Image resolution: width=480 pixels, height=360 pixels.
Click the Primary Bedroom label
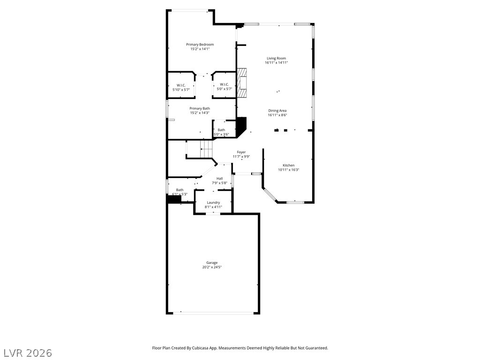(200, 45)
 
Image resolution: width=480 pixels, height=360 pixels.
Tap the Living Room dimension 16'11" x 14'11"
(277, 63)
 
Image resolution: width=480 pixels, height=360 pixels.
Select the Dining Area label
(277, 111)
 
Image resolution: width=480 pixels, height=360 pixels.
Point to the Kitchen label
(288, 165)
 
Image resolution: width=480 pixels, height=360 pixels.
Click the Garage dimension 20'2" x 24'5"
(212, 267)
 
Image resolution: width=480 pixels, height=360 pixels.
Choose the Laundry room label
(213, 202)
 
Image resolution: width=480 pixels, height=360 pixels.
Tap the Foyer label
(241, 152)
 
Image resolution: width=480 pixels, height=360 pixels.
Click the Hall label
(219, 179)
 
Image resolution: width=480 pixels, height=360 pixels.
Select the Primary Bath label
(200, 108)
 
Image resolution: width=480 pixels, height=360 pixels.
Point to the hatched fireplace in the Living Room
(242, 83)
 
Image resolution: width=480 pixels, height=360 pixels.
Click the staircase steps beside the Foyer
(206, 149)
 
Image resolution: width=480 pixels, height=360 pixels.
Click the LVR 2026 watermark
(26, 353)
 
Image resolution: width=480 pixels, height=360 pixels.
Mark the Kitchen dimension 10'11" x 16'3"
(289, 170)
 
